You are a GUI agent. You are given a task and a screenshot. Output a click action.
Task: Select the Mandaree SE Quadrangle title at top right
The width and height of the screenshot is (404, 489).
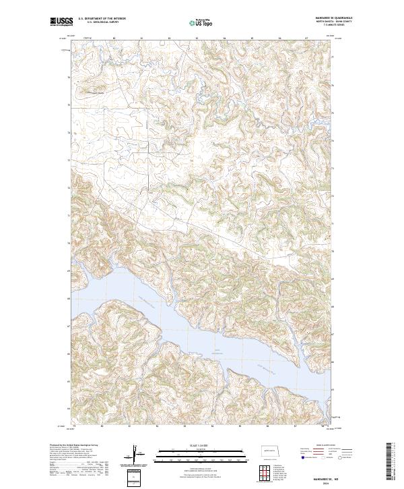(x=314, y=20)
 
